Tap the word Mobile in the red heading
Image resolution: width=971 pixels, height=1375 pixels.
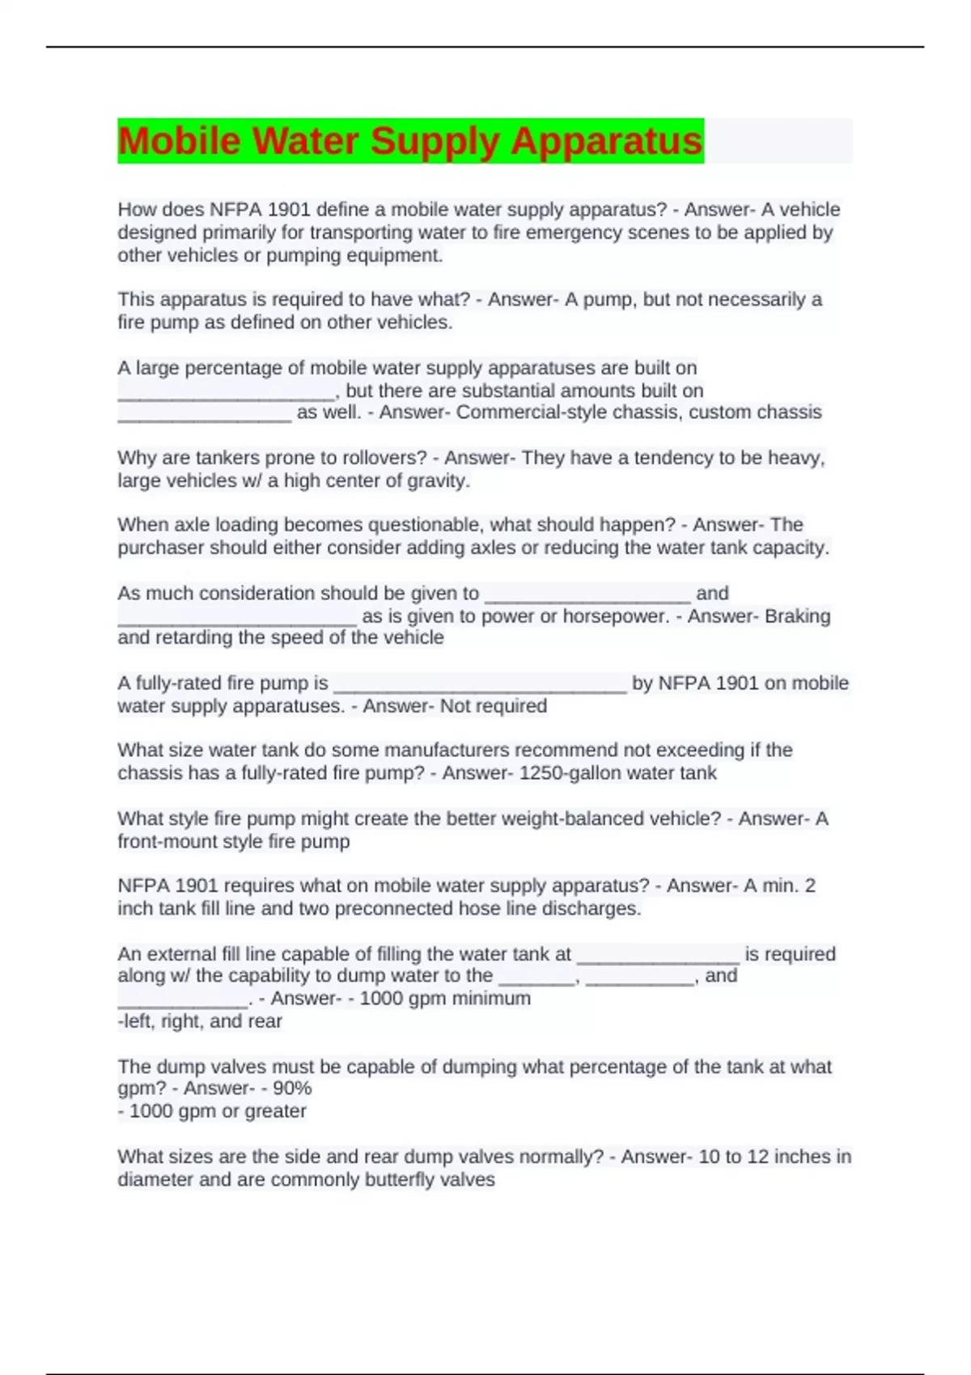179,141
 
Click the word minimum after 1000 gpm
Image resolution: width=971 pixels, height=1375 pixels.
492,998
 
